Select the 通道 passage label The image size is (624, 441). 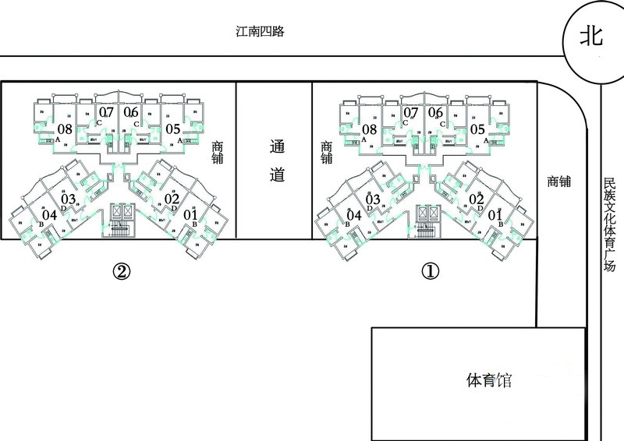coord(275,161)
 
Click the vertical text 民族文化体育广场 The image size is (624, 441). coord(609,223)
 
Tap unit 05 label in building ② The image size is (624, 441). coord(172,129)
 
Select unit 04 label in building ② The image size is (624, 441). coord(49,215)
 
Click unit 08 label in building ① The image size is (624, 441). coord(369,129)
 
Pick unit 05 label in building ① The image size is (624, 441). coord(477,129)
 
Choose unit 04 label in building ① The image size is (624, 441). coord(353,215)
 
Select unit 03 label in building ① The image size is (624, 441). coord(373,199)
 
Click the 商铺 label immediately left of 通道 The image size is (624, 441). coord(217,152)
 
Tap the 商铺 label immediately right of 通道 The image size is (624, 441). coord(326,152)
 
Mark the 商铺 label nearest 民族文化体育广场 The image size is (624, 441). coord(558,182)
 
